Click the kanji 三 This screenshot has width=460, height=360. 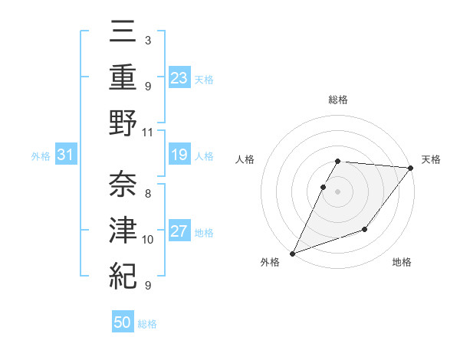tap(122, 33)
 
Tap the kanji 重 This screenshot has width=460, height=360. tap(122, 77)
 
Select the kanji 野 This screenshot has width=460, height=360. tap(122, 123)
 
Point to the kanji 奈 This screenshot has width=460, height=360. tap(122, 184)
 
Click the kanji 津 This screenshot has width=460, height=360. tap(122, 229)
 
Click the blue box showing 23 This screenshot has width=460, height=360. tap(179, 77)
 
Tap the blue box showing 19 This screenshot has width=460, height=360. tap(179, 155)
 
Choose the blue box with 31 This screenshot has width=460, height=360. tap(65, 155)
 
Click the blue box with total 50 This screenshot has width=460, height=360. tap(123, 322)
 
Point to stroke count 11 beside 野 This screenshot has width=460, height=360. tap(148, 132)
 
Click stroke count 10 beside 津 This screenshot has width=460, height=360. tap(148, 240)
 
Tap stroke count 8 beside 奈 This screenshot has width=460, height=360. tap(148, 194)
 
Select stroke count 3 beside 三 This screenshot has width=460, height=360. tap(147, 39)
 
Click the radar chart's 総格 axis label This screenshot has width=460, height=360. tap(338, 100)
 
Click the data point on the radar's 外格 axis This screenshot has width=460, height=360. tap(292, 253)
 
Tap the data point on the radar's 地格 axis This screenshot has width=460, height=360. tap(365, 229)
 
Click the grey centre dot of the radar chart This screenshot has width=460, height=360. tap(338, 191)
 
